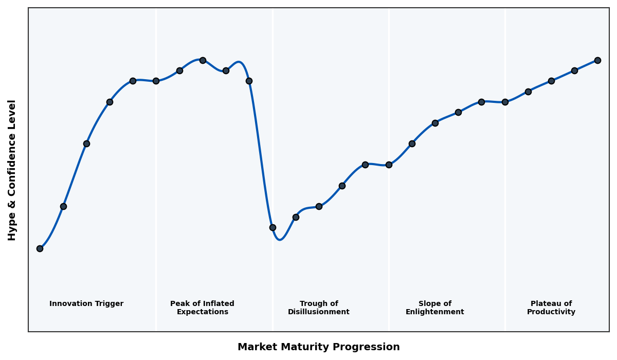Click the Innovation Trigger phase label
coord(86,304)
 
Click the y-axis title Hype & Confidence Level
coord(12,170)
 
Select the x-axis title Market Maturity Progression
coord(318,347)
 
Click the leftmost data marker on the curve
coord(40,248)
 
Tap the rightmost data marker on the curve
coord(597,60)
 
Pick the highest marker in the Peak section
coord(203,60)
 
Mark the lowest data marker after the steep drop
coord(273,227)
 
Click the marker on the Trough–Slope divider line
coord(389,165)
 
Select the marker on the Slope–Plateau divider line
coord(505,102)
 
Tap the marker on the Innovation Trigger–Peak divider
coord(156,81)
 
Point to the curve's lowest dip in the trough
coord(279,240)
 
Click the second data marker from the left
coord(63,206)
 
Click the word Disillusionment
coord(318,312)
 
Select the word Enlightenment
coord(434,312)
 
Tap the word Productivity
coord(551,312)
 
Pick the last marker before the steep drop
coord(249,81)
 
